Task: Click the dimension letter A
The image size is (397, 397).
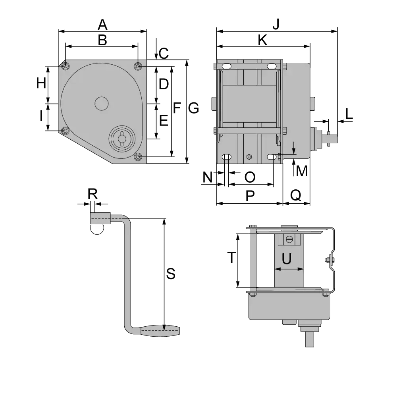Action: (102, 25)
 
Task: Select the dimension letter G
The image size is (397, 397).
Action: (193, 108)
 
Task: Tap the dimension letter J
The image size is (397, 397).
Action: (276, 24)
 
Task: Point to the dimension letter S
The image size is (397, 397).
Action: (171, 274)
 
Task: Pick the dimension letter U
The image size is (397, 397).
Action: (287, 259)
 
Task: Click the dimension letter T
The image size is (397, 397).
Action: (232, 257)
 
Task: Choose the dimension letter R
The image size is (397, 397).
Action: (93, 194)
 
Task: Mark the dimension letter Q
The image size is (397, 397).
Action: (296, 195)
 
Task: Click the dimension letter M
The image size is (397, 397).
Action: (302, 171)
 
